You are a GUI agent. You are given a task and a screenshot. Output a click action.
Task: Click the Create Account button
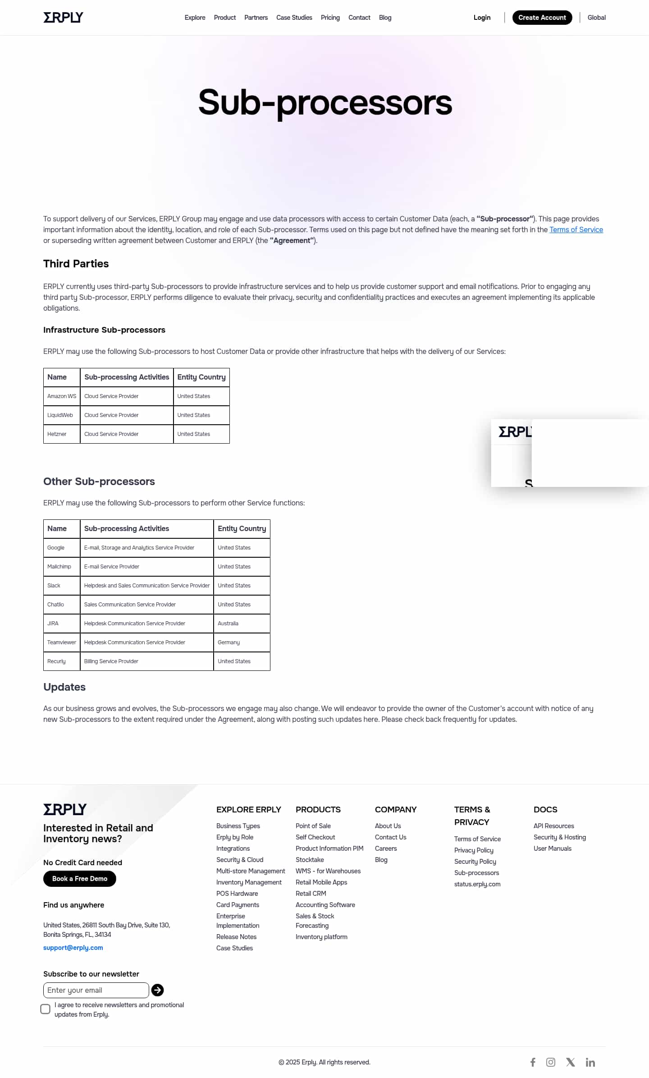click(542, 18)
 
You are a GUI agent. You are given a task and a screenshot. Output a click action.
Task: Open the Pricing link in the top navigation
click(330, 18)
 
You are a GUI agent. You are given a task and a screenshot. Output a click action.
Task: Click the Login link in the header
click(482, 18)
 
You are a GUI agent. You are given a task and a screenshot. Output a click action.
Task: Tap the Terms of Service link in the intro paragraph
click(576, 229)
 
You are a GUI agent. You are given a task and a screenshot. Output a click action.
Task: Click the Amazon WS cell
click(62, 396)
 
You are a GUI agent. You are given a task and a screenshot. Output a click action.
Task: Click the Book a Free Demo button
click(80, 878)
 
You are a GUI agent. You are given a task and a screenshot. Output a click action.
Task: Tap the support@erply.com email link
click(73, 947)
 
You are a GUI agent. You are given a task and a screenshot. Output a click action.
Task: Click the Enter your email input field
click(96, 990)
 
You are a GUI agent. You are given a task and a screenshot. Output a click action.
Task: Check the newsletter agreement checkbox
click(46, 1009)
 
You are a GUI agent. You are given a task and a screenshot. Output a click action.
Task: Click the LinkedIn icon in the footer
click(590, 1062)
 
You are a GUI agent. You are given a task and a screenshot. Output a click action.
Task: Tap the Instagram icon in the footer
click(551, 1062)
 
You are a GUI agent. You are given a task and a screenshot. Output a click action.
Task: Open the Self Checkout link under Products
click(315, 837)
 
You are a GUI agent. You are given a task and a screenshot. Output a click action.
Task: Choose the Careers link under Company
click(386, 848)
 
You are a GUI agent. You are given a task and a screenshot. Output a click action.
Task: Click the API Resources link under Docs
click(553, 826)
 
